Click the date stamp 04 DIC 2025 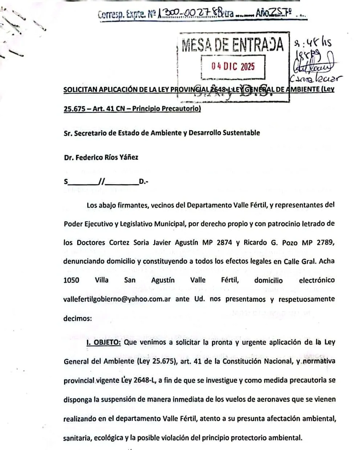point(233,67)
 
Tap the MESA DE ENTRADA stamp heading point(233,44)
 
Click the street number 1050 point(71,280)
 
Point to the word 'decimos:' point(78,318)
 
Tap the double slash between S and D point(100,182)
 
